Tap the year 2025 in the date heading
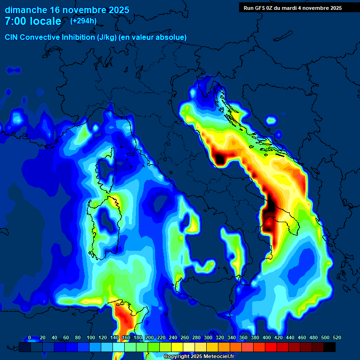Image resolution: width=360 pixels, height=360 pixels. pyautogui.click(x=116, y=10)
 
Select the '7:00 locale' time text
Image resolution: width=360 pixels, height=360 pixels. pyautogui.click(x=33, y=21)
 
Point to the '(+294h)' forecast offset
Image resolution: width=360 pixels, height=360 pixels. pyautogui.click(x=83, y=21)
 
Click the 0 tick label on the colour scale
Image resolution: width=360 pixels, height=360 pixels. pyautogui.click(x=30, y=337)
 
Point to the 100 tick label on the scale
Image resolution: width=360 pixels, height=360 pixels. pyautogui.click(x=90, y=337)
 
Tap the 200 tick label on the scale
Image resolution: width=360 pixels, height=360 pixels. pyautogui.click(x=150, y=337)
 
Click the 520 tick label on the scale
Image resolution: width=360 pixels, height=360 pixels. pyautogui.click(x=337, y=337)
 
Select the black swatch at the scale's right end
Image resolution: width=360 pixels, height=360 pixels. pyautogui.click(x=330, y=347)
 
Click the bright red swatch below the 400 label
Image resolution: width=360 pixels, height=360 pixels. pyautogui.click(x=271, y=347)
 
